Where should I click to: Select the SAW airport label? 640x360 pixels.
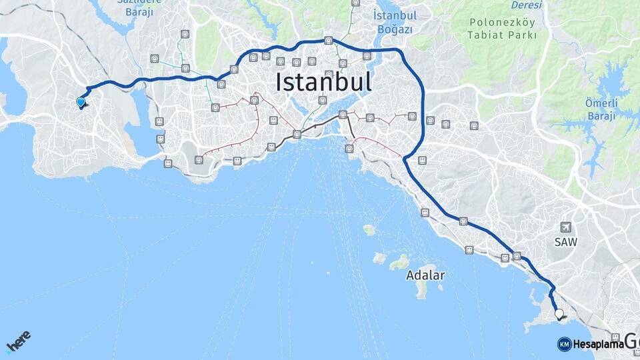pyautogui.click(x=566, y=241)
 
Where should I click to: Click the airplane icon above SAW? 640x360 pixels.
pyautogui.click(x=566, y=227)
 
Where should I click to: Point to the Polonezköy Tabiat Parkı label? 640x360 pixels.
pyautogui.click(x=502, y=28)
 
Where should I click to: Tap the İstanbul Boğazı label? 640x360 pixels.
pyautogui.click(x=395, y=22)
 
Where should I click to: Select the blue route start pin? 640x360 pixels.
pyautogui.click(x=81, y=103)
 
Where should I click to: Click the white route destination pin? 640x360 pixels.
pyautogui.click(x=559, y=313)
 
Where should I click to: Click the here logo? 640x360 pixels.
pyautogui.click(x=18, y=341)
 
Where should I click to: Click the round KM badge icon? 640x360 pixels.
pyautogui.click(x=564, y=344)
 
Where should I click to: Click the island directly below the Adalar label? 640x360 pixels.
pyautogui.click(x=422, y=289)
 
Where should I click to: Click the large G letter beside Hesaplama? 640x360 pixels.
pyautogui.click(x=632, y=343)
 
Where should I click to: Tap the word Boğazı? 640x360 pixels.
pyautogui.click(x=395, y=29)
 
